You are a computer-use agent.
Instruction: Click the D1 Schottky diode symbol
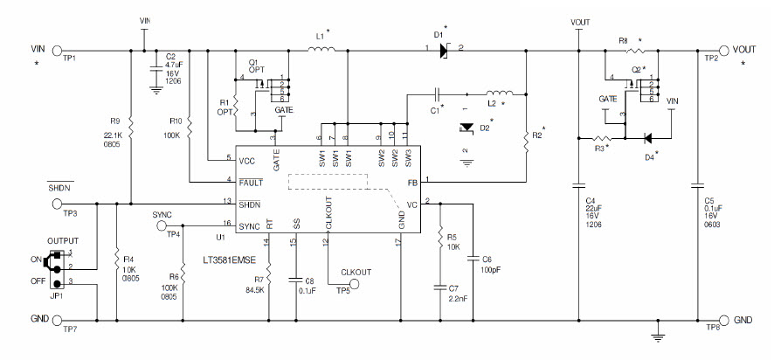pyautogui.click(x=445, y=51)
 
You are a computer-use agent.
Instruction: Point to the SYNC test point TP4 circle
pyautogui.click(x=163, y=225)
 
